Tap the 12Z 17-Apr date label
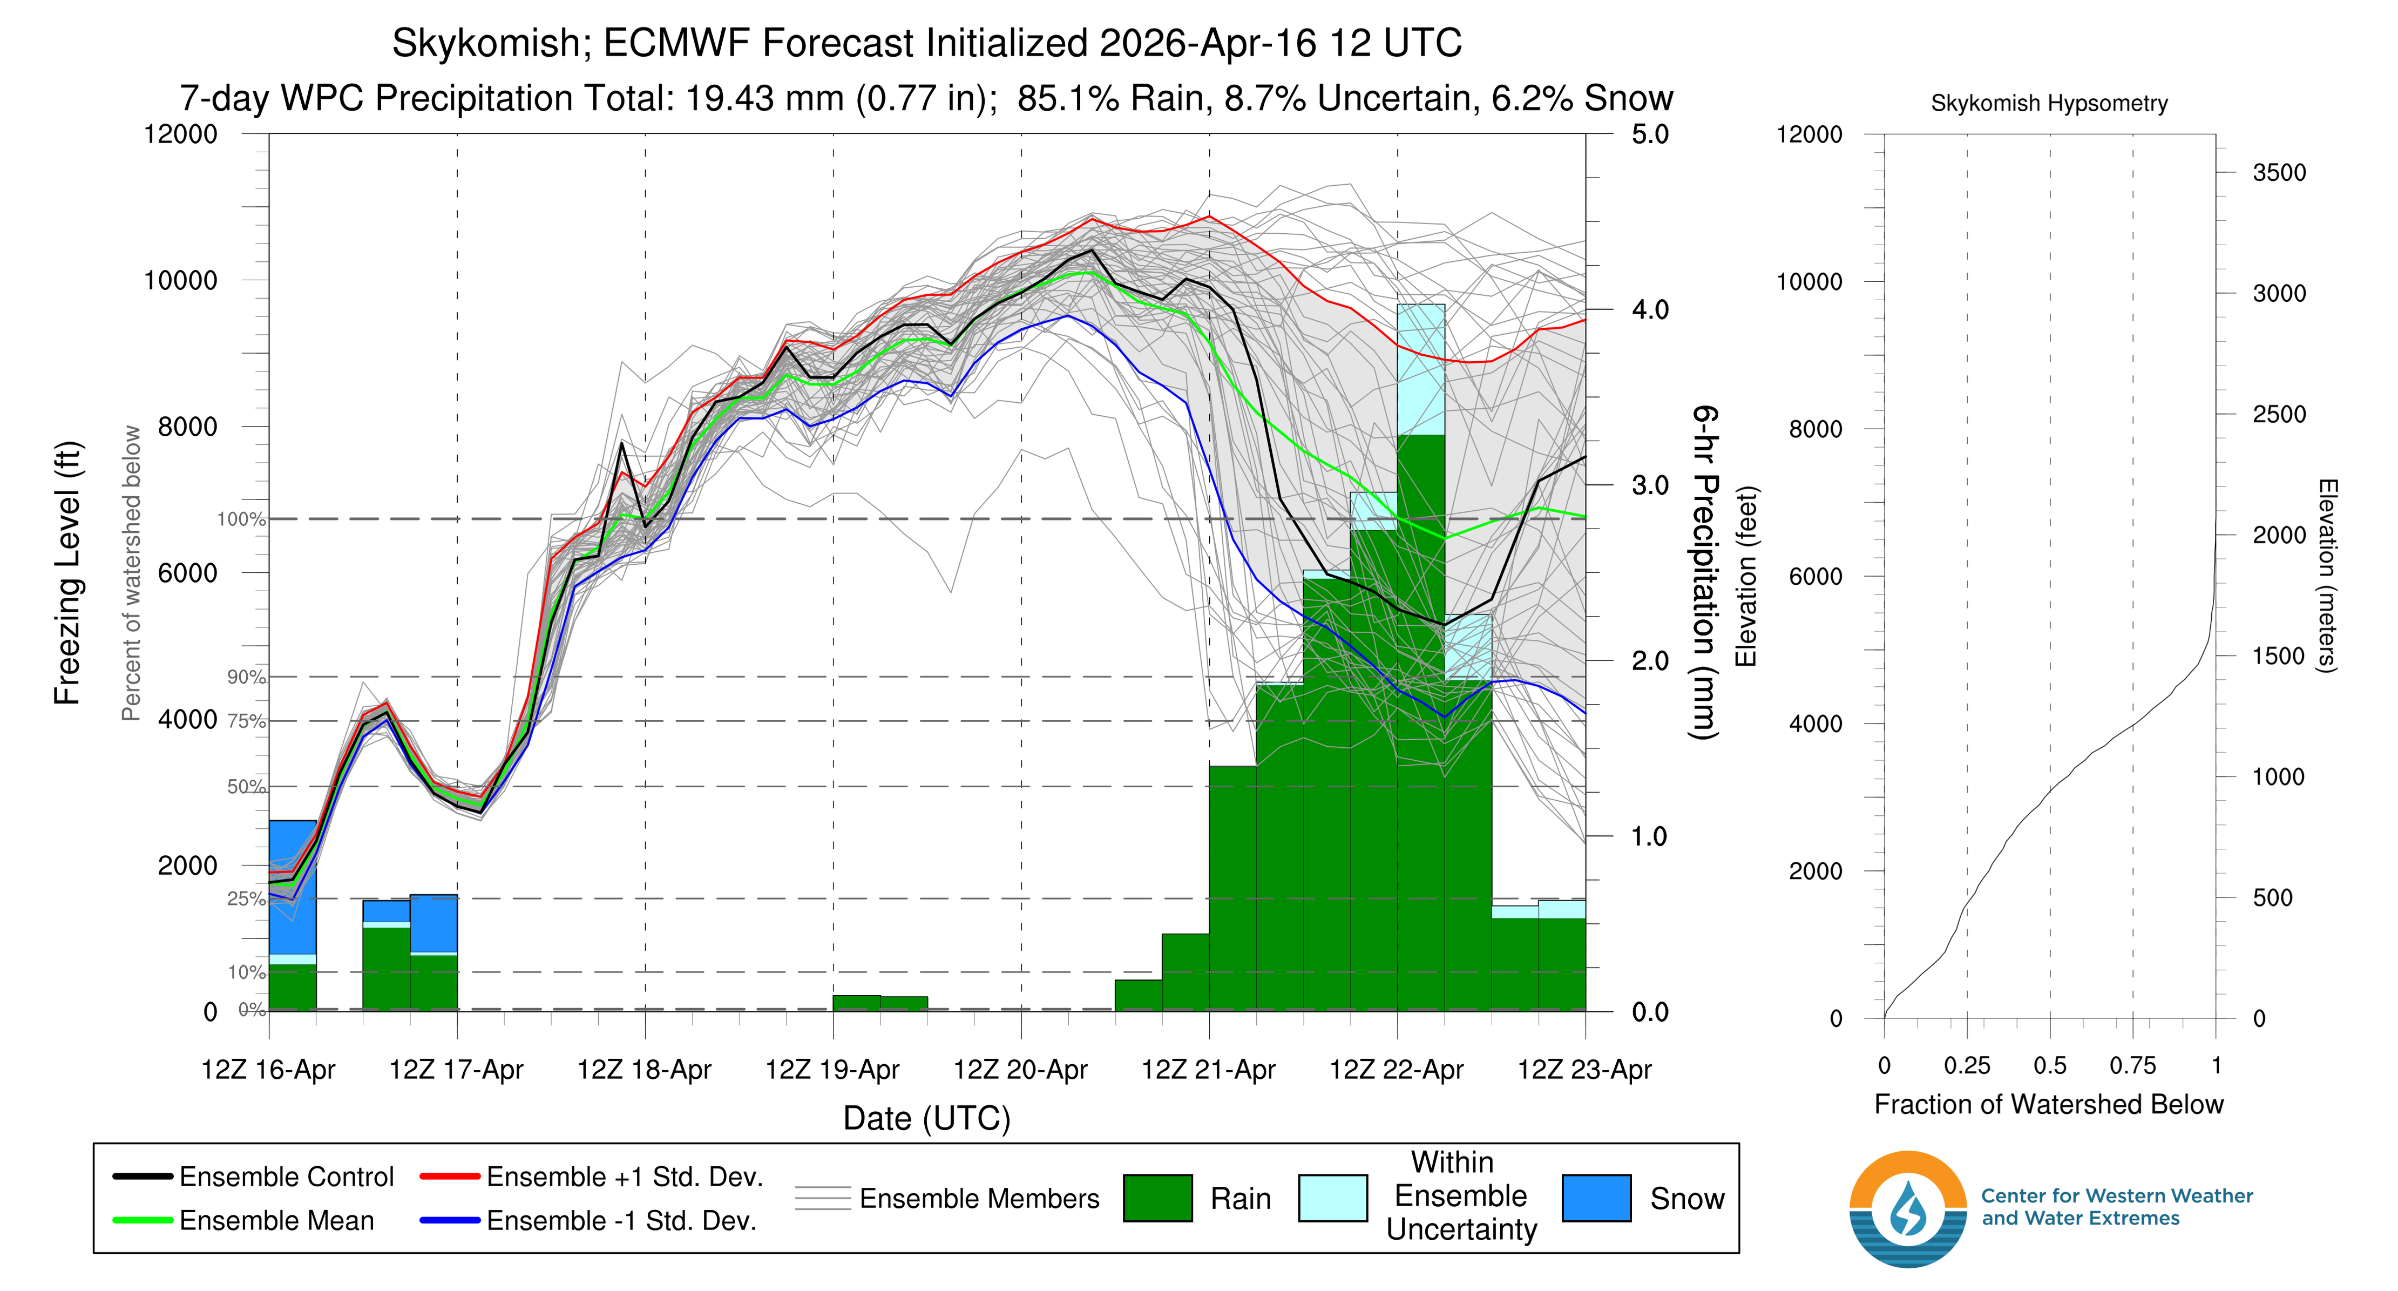tap(456, 1070)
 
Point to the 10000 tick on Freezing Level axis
tap(181, 280)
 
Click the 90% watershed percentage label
tap(246, 677)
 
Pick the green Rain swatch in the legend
tap(1157, 1198)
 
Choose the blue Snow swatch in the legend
tap(1596, 1198)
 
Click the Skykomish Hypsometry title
tap(2049, 103)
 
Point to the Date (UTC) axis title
tap(926, 1118)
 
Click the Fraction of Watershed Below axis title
tap(2048, 1104)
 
